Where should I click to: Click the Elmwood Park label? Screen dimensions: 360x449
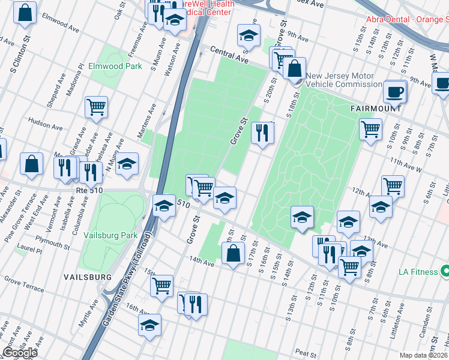coord(115,66)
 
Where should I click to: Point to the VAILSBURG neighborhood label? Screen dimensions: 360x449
coord(88,277)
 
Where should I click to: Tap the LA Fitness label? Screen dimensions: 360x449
coord(419,272)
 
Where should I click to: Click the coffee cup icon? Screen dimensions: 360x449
coord(395,92)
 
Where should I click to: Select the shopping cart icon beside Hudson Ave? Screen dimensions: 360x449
coord(96,107)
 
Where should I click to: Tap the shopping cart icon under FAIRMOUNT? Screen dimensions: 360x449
coord(371,128)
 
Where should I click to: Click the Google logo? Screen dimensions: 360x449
coord(19,353)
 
